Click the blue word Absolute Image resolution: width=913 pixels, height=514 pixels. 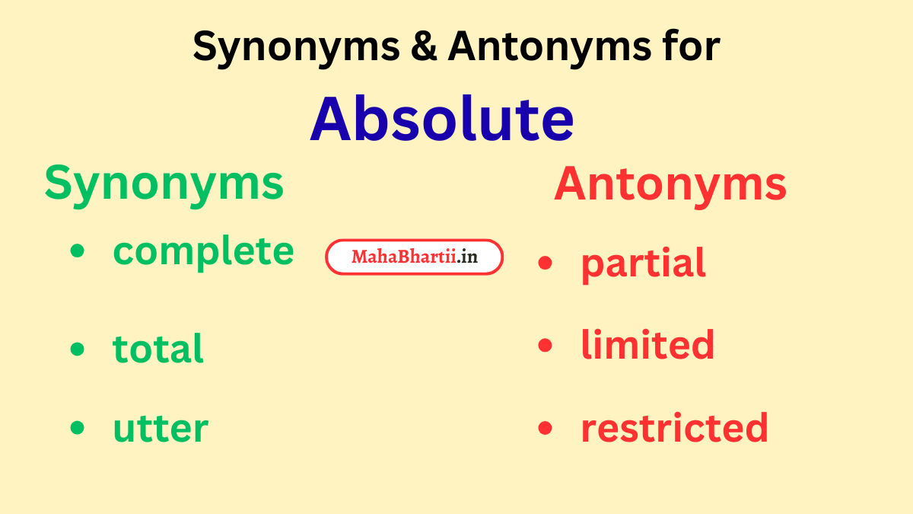point(441,120)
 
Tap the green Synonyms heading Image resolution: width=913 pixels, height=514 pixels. point(164,184)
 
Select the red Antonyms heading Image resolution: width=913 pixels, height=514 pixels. point(670,184)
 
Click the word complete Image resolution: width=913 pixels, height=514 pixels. point(203,251)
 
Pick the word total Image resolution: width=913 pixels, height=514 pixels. point(158,349)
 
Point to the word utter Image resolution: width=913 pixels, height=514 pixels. point(160,429)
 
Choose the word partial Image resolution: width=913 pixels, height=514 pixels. point(643,263)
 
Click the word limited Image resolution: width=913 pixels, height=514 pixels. point(647,345)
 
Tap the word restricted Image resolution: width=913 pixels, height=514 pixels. point(674,428)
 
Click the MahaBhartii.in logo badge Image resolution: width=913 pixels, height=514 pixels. point(414,257)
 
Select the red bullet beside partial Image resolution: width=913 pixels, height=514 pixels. point(545,263)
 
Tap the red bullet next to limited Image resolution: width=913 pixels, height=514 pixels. point(545,346)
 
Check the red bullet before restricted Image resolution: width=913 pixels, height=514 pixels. point(545,429)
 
